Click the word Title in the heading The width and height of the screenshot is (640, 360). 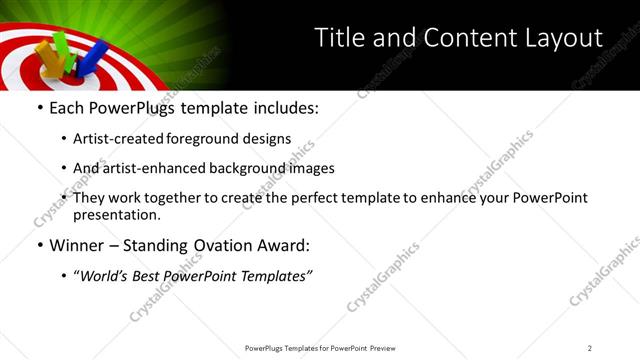pyautogui.click(x=339, y=38)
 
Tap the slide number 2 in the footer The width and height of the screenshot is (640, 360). pyautogui.click(x=590, y=347)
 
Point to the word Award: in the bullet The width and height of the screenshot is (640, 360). pyautogui.click(x=281, y=245)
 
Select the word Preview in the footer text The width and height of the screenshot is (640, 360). pyautogui.click(x=382, y=347)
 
